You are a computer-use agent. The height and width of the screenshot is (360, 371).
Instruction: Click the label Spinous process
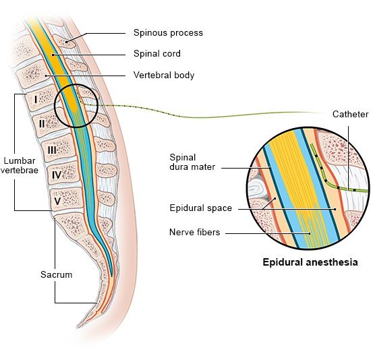coord(168,32)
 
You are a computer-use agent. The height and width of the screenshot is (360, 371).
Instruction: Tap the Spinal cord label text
coord(157,53)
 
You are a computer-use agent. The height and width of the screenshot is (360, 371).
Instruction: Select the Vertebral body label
coord(164,75)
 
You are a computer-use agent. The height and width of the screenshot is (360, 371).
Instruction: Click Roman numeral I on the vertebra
coord(36,100)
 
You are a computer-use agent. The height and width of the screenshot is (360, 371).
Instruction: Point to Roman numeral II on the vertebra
coord(42,123)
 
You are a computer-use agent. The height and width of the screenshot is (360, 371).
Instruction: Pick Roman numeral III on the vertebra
coord(52,150)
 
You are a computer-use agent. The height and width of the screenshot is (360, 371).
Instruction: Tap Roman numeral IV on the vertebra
coord(57,175)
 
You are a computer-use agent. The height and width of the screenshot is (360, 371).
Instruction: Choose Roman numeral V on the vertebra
coord(57,202)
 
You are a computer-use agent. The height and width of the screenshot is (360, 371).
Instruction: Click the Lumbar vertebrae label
coord(20,166)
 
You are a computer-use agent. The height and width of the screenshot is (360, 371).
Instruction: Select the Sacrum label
coord(56,274)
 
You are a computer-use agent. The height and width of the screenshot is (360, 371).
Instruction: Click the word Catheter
coord(350,114)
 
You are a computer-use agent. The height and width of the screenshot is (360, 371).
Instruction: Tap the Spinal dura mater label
coord(192,162)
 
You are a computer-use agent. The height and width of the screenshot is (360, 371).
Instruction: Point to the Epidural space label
coord(200,208)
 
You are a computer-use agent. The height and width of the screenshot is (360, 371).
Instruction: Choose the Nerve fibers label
coord(194,232)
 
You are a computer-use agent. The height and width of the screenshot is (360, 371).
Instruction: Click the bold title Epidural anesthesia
coord(310,262)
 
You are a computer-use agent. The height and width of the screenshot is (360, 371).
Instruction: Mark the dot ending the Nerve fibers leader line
coord(310,233)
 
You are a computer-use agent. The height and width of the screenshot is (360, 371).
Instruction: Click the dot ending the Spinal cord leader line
coord(53,55)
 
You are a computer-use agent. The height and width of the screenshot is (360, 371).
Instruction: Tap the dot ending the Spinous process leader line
coord(67,42)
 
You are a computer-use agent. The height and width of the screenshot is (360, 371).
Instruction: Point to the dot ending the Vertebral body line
coord(46,76)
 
